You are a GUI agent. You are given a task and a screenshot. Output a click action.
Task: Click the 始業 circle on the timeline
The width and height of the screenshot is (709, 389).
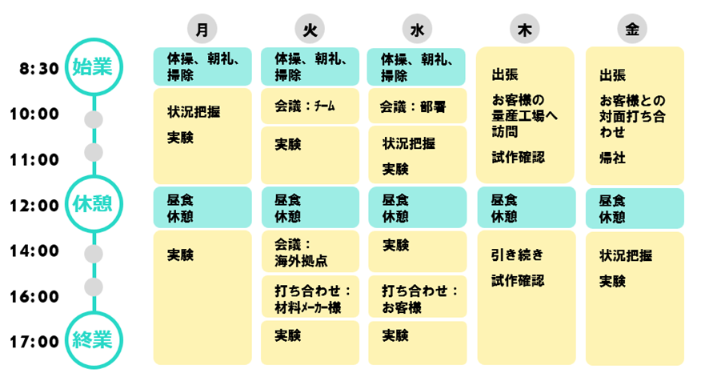click(x=94, y=67)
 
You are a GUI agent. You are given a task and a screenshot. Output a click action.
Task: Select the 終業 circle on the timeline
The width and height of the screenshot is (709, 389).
click(x=94, y=341)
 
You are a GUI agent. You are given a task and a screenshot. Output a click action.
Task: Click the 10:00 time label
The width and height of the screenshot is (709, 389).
click(x=34, y=114)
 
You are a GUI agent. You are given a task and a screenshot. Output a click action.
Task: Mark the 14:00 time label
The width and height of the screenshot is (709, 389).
click(x=34, y=251)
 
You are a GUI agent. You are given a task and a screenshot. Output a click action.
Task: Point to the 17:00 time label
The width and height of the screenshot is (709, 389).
click(x=34, y=342)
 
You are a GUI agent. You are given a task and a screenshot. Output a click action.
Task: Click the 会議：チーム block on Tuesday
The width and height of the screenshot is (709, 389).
click(x=310, y=106)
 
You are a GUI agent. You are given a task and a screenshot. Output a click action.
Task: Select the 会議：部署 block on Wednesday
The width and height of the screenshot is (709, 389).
click(x=417, y=106)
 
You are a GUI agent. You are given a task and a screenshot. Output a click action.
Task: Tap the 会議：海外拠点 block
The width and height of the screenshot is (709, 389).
click(x=310, y=252)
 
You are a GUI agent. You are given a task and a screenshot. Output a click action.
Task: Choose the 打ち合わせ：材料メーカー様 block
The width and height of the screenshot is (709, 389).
click(x=310, y=297)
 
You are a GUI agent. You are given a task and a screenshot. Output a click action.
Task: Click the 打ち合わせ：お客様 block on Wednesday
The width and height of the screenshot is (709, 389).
click(x=417, y=297)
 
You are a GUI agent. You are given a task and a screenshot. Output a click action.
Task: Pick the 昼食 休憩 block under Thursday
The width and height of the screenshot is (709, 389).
click(x=525, y=208)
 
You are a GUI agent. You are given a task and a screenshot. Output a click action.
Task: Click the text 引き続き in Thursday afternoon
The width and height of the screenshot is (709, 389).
click(x=517, y=255)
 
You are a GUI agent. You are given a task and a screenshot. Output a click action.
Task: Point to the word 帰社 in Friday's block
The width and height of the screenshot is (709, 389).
click(x=613, y=158)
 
